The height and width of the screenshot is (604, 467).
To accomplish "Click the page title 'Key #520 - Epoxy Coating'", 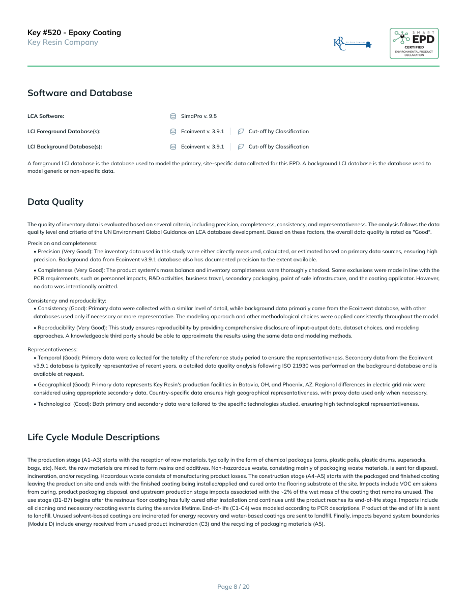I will pos(74,33).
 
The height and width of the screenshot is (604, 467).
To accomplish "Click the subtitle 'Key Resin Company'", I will pos(63,42).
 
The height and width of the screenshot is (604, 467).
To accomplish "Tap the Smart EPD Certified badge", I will pos(414,44).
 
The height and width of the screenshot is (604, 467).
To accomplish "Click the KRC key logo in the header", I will pos(352,44).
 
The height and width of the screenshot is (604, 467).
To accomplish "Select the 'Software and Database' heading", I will pos(80,93).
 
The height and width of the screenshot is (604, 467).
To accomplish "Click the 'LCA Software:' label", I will pos(46,116).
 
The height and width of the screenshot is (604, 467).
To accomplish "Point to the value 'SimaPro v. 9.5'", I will pos(199,116).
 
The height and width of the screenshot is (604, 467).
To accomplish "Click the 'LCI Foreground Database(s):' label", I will pos(64,132).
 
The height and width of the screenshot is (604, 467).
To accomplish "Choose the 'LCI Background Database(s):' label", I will pos(65,147).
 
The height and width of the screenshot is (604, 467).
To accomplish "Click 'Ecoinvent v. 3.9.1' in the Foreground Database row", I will pos(202,132).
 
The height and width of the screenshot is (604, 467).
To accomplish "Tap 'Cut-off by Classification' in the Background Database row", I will pos(278,147).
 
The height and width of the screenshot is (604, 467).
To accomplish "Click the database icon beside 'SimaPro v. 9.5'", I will pos(173,116).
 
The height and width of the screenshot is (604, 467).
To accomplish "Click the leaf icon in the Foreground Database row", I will pos(241,132).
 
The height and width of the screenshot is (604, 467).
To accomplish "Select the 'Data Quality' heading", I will pos(55,202).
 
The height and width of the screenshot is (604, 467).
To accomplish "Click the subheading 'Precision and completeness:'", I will pos(63,244).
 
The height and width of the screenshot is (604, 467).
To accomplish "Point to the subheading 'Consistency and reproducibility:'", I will pos(67,300).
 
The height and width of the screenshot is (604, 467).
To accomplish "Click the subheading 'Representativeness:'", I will pos(52,349).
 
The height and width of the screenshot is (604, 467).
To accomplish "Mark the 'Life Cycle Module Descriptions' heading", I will pos(94,437).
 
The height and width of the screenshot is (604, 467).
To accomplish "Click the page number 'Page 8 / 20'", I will pos(233,587).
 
